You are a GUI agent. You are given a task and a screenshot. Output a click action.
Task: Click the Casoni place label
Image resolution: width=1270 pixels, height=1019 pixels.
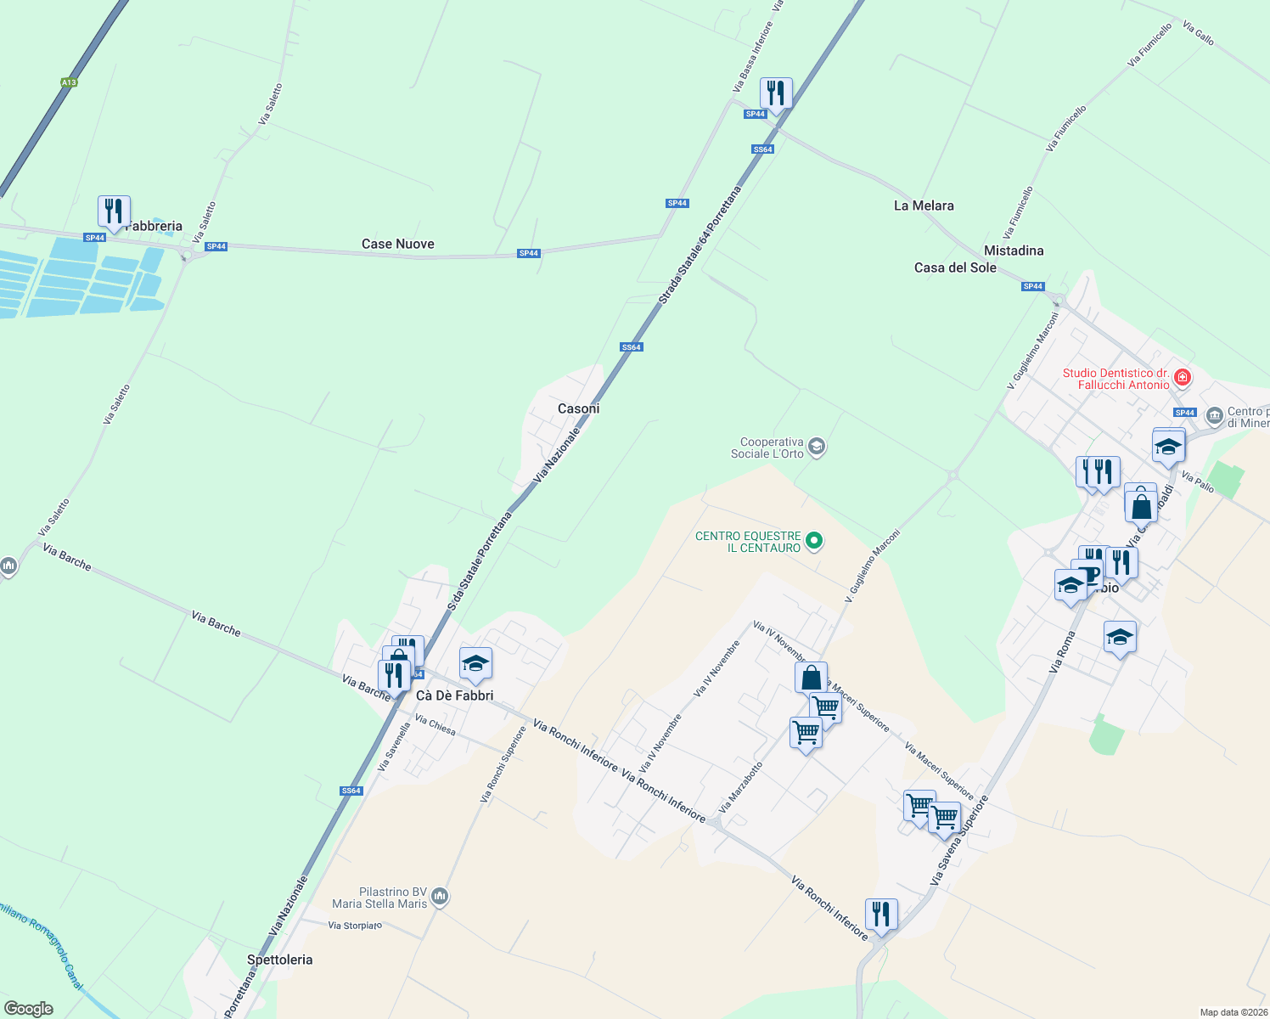[x=578, y=408]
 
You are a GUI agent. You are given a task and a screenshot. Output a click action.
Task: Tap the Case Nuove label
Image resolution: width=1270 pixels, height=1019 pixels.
[x=397, y=244]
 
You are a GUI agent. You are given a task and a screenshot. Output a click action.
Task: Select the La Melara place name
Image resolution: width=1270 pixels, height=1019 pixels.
[x=924, y=205]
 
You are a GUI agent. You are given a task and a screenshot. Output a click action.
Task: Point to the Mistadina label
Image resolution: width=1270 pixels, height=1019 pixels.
[x=1014, y=251]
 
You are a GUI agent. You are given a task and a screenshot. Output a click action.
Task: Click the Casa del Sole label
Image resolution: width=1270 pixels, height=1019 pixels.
[x=955, y=267]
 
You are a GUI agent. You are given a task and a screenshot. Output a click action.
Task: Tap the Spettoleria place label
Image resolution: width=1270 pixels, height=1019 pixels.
[x=279, y=960]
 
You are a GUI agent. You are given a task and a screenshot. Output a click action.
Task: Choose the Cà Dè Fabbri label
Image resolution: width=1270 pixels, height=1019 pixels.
[x=454, y=695]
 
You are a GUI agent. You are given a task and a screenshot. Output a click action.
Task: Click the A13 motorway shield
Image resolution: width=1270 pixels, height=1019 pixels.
[x=69, y=82]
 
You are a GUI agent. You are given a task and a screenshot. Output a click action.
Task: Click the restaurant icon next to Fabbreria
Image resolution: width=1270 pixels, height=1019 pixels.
[x=113, y=211]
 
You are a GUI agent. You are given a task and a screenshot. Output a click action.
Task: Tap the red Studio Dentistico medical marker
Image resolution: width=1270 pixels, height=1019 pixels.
[x=1183, y=378]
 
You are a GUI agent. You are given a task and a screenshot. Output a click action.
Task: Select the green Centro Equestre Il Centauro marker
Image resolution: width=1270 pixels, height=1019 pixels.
[x=814, y=540]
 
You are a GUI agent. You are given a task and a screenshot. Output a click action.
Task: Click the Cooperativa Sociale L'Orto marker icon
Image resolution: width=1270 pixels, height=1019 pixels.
[x=817, y=447]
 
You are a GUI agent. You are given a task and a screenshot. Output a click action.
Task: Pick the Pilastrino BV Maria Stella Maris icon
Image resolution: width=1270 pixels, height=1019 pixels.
[x=440, y=897]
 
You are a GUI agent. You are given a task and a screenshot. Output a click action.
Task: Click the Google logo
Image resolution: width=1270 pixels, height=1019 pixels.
[x=29, y=1009]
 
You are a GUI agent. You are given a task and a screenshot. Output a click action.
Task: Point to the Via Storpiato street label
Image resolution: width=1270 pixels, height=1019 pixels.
[x=355, y=926]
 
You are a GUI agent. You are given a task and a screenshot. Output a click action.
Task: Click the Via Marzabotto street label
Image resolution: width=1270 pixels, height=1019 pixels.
[x=740, y=787]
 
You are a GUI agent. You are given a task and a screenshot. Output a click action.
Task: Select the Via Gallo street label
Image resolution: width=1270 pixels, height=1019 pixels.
[x=1198, y=34]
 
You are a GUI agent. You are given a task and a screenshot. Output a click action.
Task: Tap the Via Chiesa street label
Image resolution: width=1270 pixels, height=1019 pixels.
[x=435, y=725]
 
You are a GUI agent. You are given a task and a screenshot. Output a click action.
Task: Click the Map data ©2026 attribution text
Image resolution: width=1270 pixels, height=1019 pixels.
[x=1233, y=1012]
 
